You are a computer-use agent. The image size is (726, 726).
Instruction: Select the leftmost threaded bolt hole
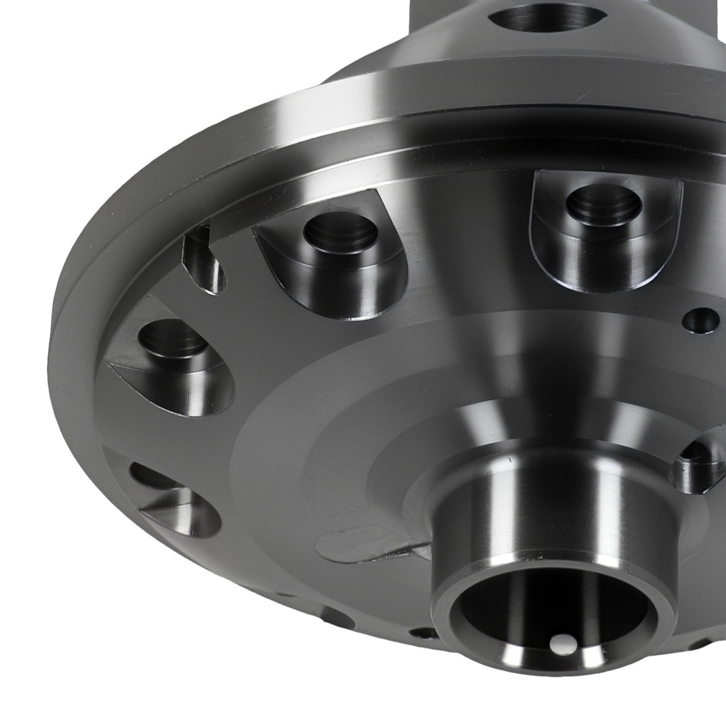173,340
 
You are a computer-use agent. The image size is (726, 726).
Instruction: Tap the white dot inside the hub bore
560,643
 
